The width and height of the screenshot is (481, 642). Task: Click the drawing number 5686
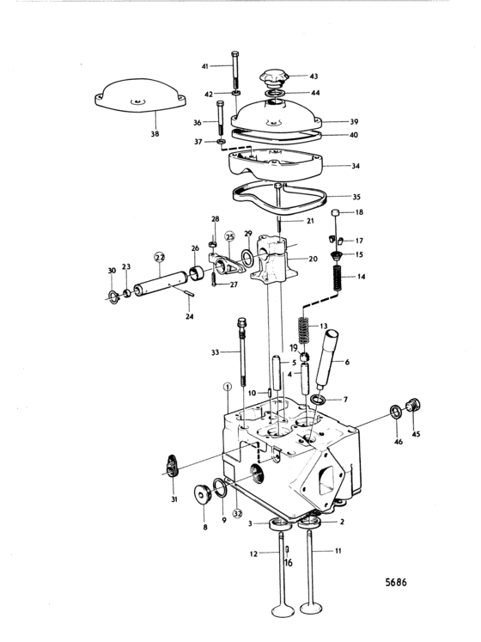[x=396, y=582]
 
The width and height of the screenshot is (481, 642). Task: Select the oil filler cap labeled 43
[x=275, y=78]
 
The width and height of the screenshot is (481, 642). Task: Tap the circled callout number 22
[x=159, y=257]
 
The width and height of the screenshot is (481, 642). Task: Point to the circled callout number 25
[x=230, y=236]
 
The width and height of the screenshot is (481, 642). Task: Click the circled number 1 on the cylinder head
[x=228, y=387]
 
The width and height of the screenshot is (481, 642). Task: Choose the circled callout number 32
[x=237, y=513]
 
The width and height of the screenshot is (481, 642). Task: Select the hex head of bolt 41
[x=235, y=54]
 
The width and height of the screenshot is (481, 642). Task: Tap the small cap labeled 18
[x=335, y=212]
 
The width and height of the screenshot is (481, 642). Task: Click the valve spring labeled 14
[x=338, y=278]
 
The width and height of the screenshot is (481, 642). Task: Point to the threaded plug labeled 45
[x=413, y=406]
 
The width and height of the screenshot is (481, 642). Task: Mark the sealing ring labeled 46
[x=396, y=412]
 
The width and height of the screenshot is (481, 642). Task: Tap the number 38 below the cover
[x=155, y=133]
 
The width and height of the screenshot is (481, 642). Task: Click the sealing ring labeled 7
[x=318, y=399]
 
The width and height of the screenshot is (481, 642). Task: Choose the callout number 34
[x=356, y=166]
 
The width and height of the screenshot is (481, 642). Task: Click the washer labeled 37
[x=221, y=142]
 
